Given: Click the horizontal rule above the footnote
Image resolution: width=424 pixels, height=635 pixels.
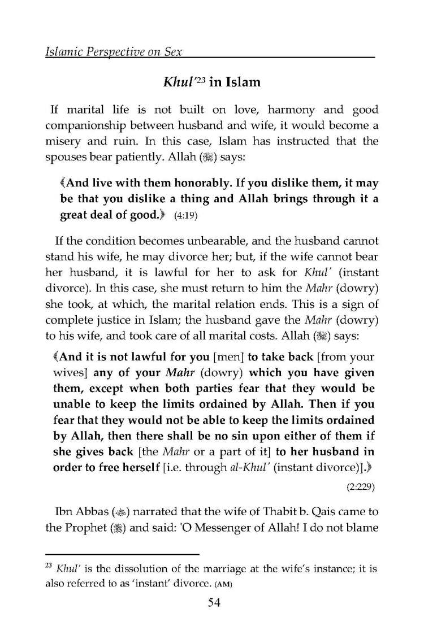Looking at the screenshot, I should tap(122, 553).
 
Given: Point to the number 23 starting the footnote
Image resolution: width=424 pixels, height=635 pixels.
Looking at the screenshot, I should tap(50, 564).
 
